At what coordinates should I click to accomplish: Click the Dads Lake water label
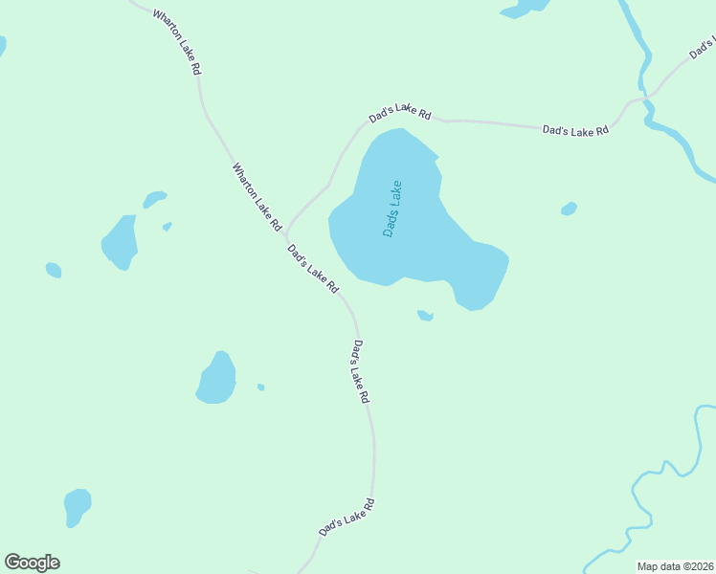coord(392,210)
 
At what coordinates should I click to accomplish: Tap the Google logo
coord(32,563)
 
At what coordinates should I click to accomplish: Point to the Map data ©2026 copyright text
coord(675,565)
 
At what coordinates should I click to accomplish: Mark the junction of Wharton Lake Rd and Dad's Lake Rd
coord(285,234)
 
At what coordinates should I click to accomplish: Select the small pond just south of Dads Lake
coord(425,315)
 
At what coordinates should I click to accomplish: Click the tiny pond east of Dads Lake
coord(569,209)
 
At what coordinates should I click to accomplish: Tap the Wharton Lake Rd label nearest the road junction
coord(256,196)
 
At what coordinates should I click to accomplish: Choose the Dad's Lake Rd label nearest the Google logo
coord(346,517)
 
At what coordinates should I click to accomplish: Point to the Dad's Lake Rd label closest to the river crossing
coord(575,129)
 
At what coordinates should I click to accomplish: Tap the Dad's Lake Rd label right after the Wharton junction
coord(313,269)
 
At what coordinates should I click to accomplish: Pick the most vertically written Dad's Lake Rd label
coord(360,371)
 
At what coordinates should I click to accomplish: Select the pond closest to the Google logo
coord(77,504)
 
